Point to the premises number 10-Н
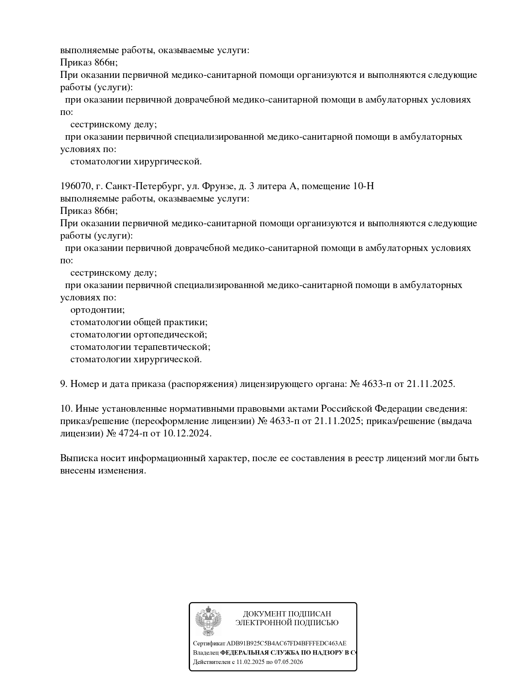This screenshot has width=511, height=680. [x=363, y=186]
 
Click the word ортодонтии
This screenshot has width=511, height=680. [x=97, y=310]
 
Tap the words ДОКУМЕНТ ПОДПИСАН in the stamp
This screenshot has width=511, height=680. [x=287, y=614]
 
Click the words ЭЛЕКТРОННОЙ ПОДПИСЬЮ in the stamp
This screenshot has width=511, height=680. [x=287, y=623]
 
